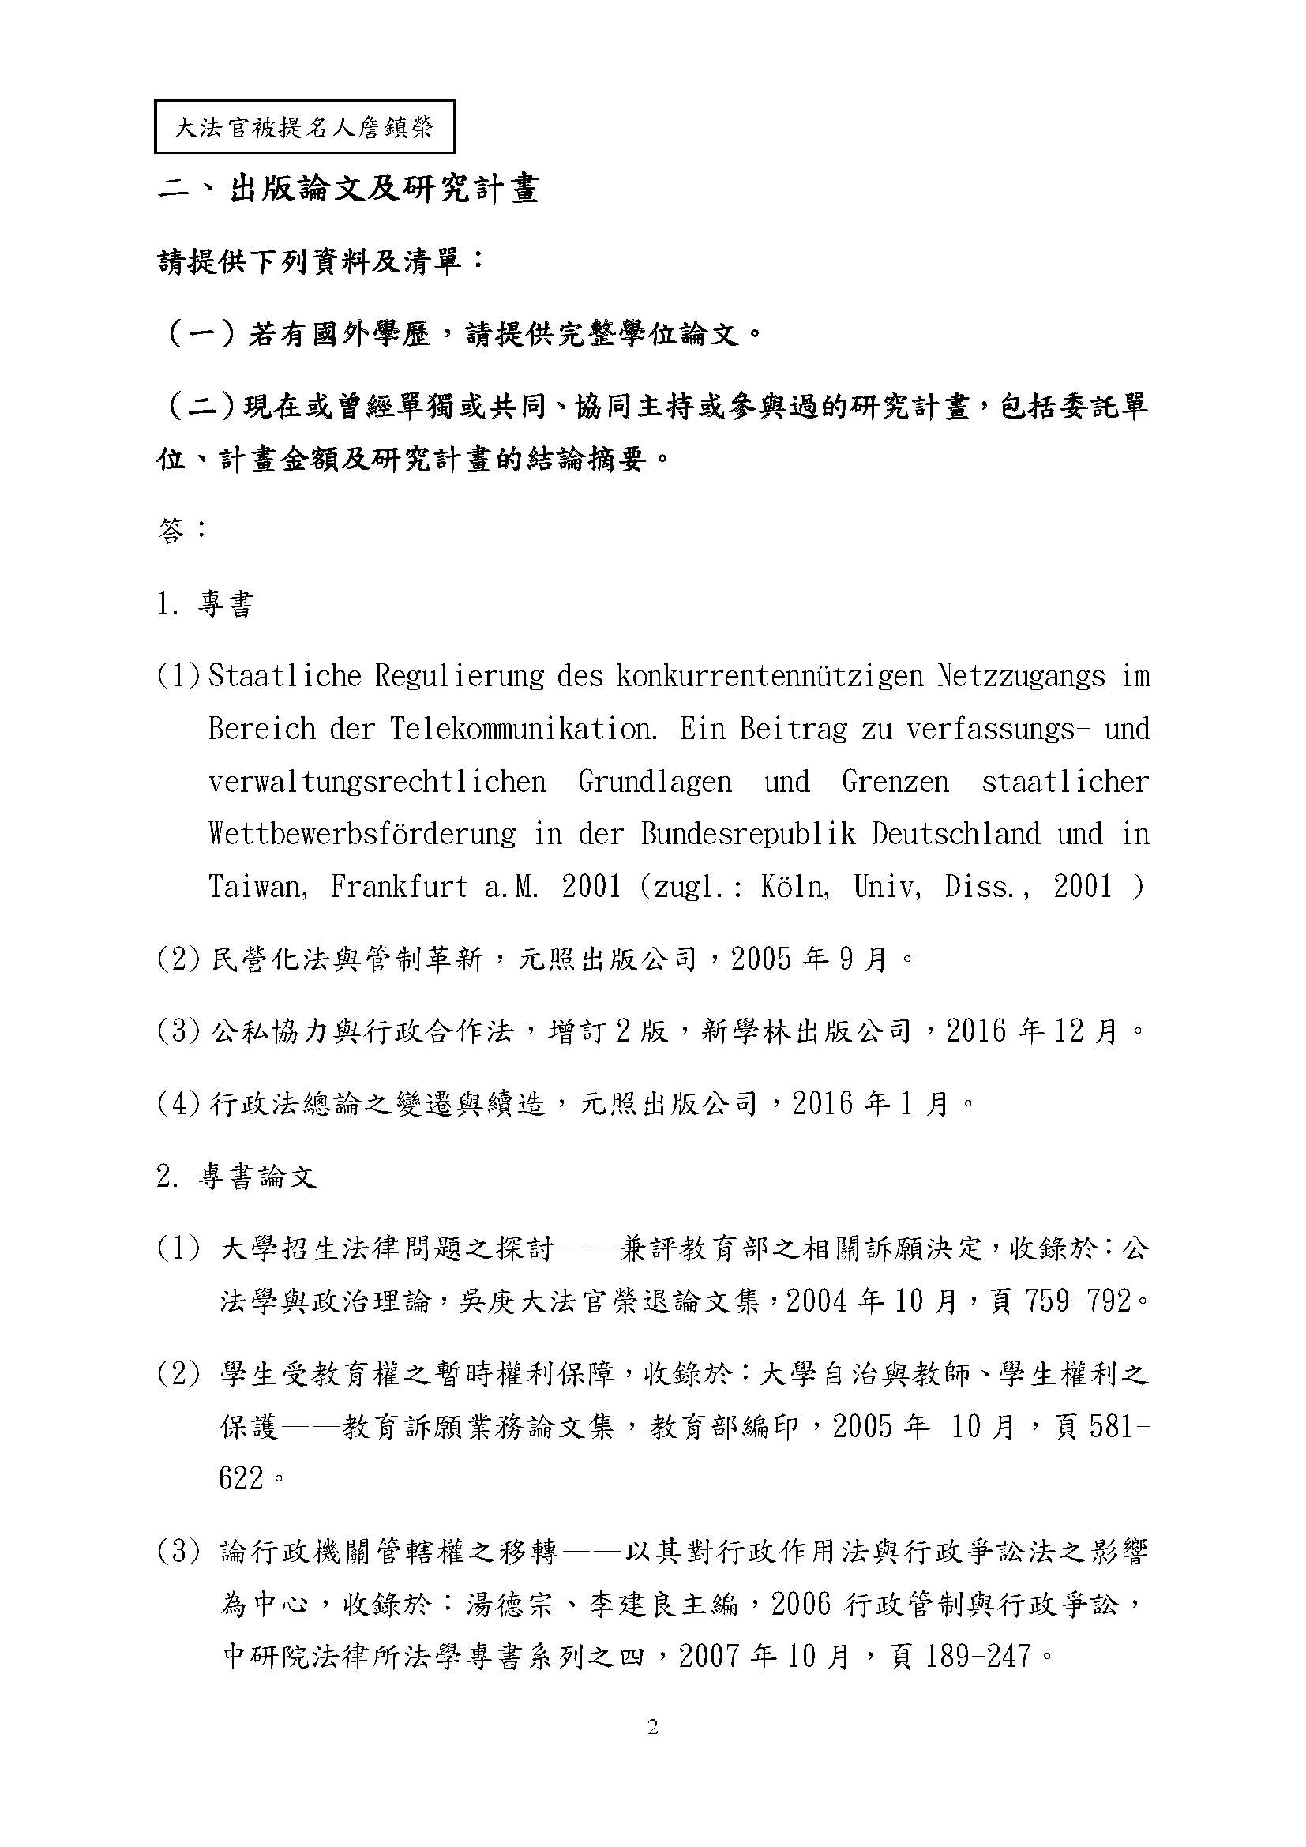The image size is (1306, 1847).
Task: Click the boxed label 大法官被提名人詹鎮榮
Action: tap(304, 127)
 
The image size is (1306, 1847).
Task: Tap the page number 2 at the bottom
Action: tap(652, 1728)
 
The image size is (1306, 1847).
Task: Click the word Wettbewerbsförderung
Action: tap(362, 833)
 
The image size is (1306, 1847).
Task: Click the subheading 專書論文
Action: tap(257, 1178)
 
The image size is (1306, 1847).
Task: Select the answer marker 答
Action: tap(172, 531)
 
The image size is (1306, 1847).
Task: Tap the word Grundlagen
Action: tap(655, 781)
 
